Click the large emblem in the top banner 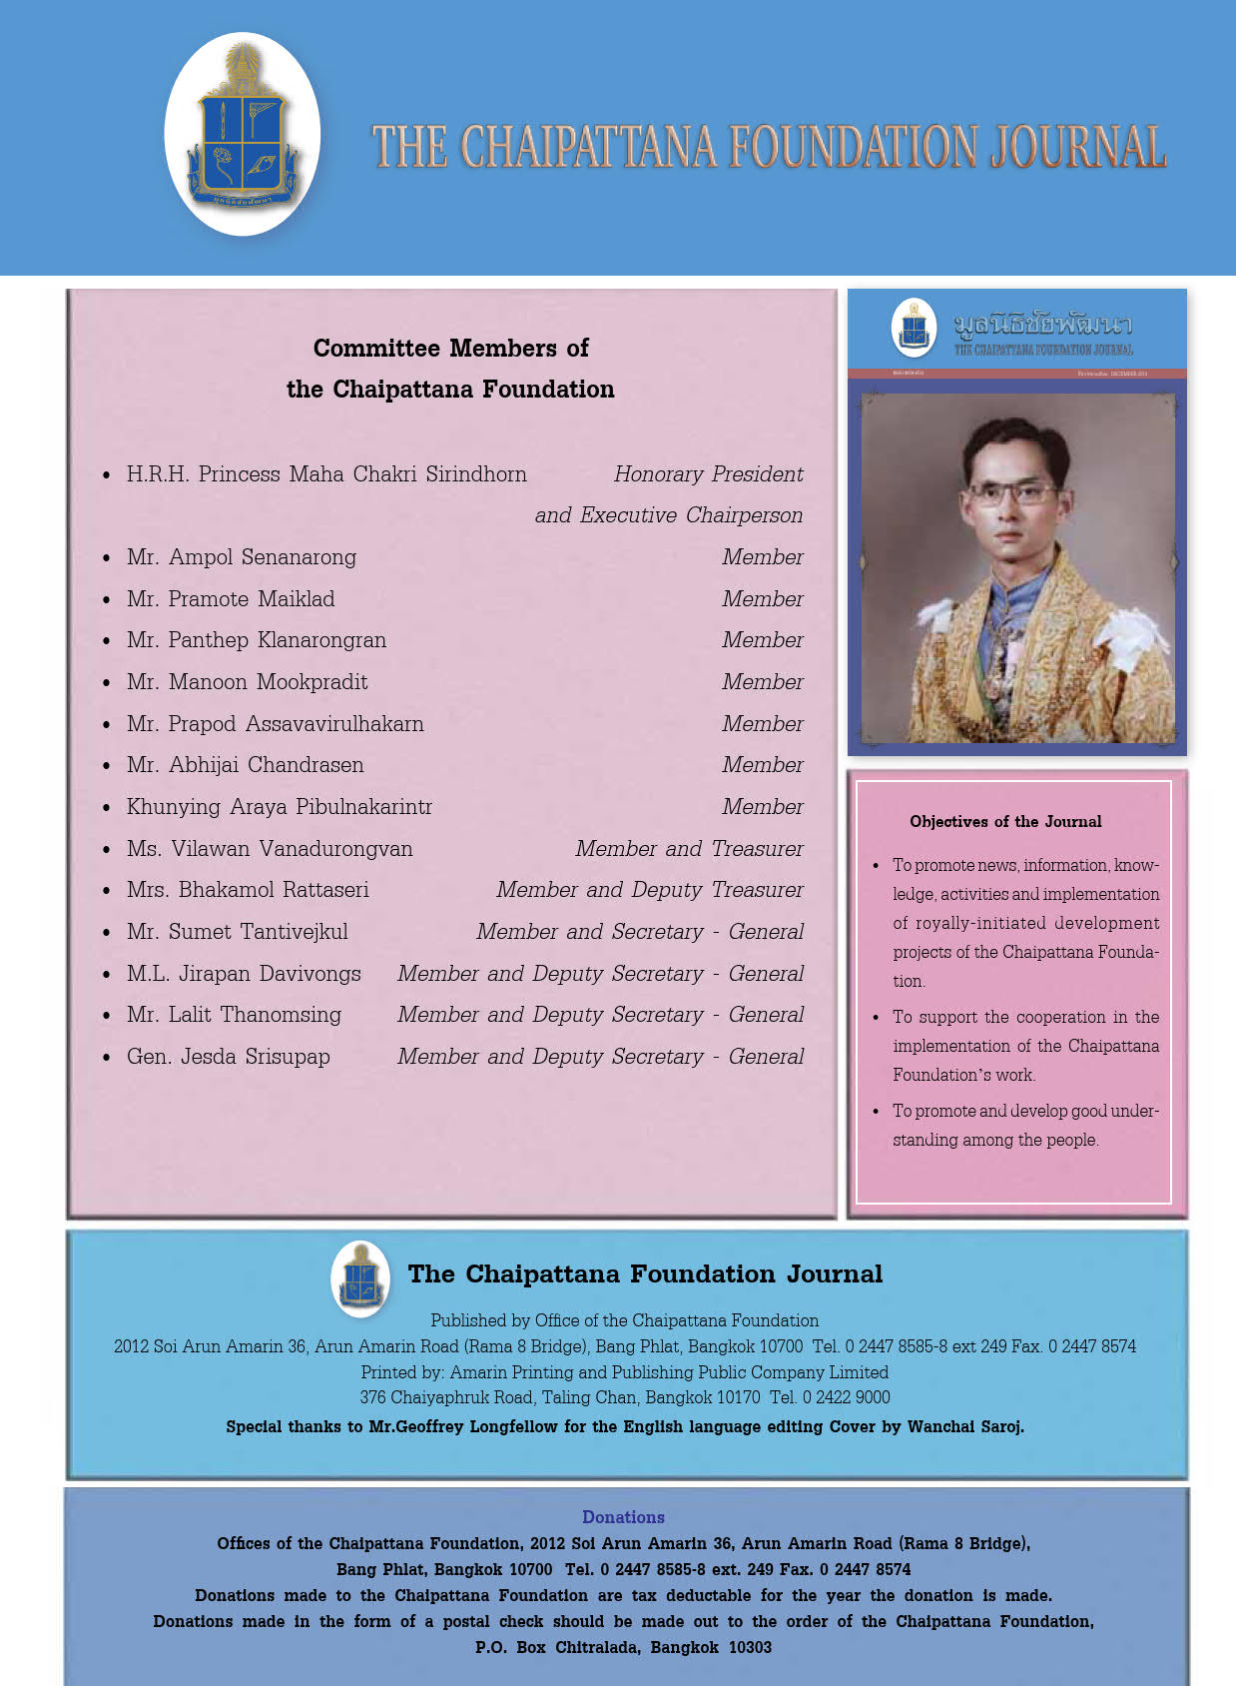243,134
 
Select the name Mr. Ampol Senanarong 241,557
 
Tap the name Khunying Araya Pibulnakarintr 279,807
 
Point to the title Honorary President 708,474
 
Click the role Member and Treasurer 689,849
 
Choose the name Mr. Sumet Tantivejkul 237,932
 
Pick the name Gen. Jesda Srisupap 228,1057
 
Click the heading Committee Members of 450,348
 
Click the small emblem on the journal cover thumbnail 914,328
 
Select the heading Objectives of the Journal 1005,822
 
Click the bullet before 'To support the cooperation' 876,1018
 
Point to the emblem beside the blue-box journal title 360,1278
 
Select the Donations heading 623,1517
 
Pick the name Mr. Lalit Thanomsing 234,1015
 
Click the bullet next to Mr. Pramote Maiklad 106,600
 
